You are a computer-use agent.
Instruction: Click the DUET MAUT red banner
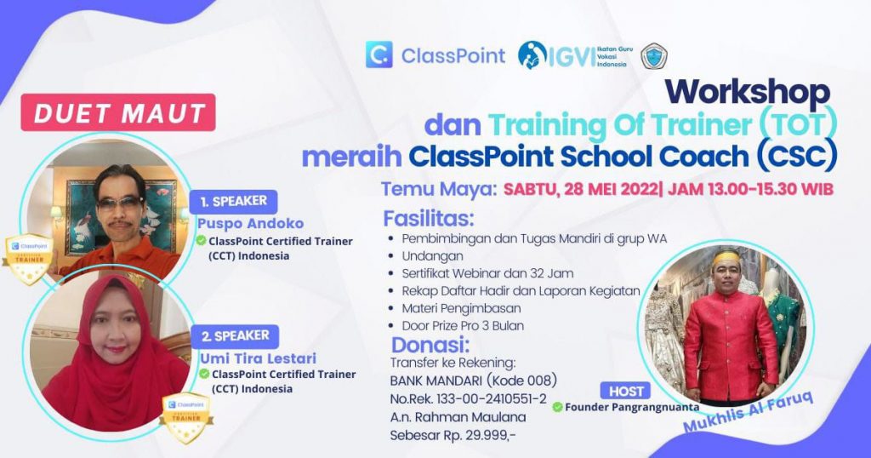click(x=118, y=112)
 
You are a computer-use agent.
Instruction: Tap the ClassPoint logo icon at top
click(x=379, y=55)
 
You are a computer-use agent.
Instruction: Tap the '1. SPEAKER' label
click(x=234, y=202)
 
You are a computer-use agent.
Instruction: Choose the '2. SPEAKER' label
click(x=235, y=335)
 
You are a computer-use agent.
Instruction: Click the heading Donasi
click(x=430, y=346)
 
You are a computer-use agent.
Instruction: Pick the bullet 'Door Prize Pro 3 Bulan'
click(x=463, y=325)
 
